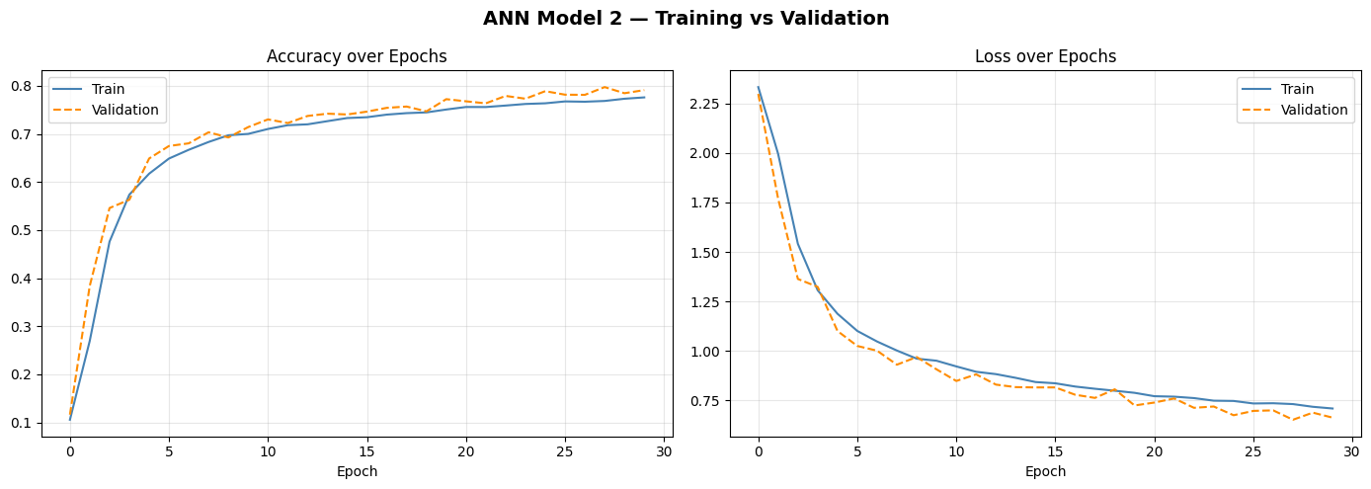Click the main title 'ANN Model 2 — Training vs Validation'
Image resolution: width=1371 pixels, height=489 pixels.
click(x=685, y=19)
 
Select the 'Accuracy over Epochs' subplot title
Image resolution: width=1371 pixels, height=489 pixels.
click(x=357, y=57)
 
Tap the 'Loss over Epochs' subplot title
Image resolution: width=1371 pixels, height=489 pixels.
click(x=1045, y=57)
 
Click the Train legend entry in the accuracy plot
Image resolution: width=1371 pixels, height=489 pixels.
click(x=108, y=90)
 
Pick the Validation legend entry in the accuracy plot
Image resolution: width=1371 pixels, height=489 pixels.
click(x=124, y=110)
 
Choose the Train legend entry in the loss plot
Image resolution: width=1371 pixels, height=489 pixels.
click(x=1296, y=90)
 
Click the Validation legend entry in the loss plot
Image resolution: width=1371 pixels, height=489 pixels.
click(x=1313, y=110)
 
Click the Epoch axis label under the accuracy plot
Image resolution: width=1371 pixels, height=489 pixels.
click(x=357, y=472)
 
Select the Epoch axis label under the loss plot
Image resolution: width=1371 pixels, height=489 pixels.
click(x=1045, y=472)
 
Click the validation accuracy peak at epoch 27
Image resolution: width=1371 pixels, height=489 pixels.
click(x=605, y=87)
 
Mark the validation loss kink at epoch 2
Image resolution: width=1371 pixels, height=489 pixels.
click(x=798, y=279)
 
